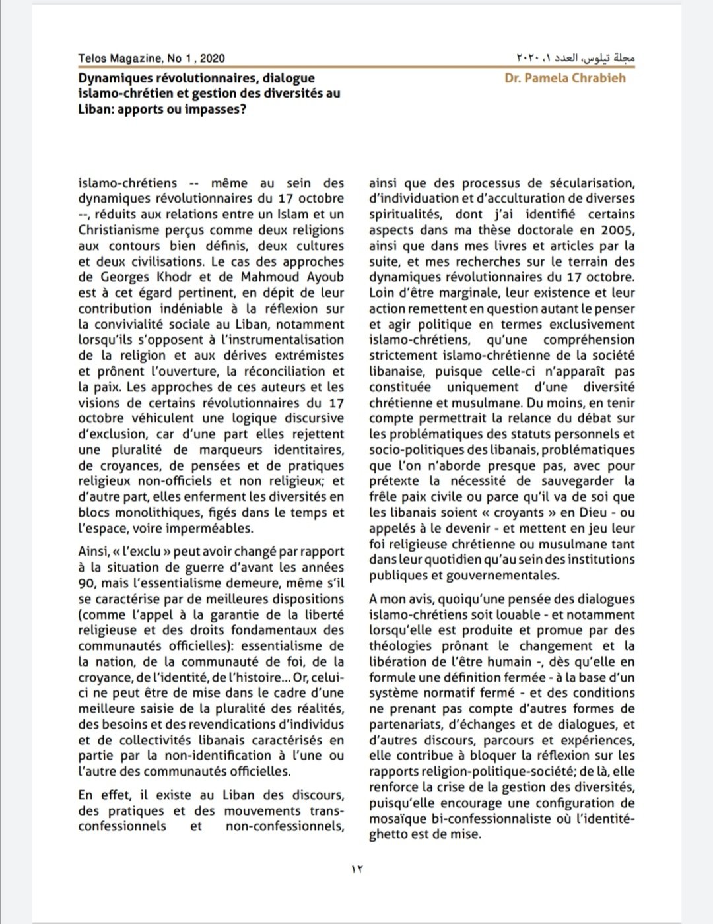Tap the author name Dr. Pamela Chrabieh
point(565,78)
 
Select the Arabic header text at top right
point(575,58)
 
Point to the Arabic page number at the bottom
point(356,869)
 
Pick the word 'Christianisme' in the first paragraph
point(121,230)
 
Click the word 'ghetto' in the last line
point(389,834)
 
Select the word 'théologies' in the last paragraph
point(400,646)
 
